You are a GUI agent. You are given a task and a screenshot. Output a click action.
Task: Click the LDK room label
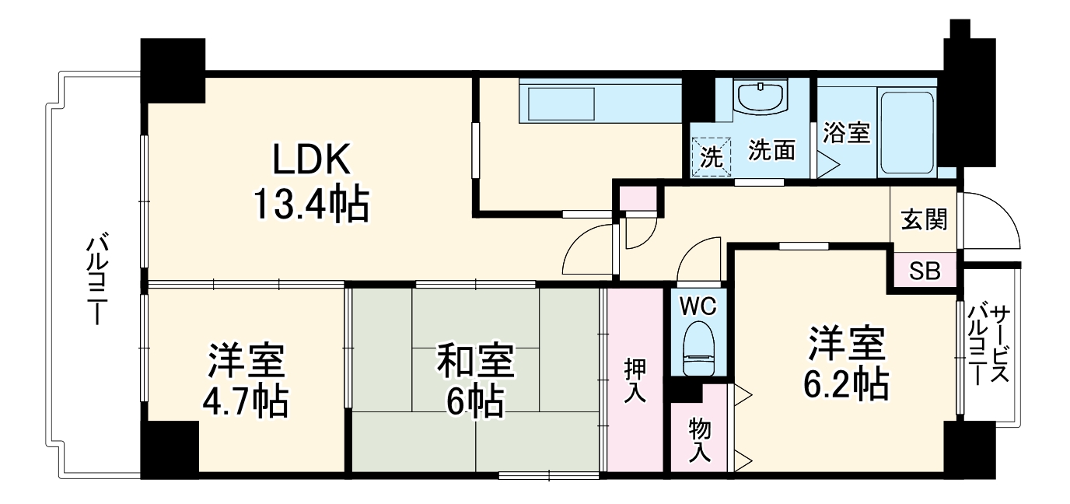click(312, 162)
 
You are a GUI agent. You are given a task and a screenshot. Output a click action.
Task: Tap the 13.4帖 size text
click(309, 205)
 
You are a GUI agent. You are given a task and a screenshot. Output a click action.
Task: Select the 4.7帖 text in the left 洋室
click(246, 402)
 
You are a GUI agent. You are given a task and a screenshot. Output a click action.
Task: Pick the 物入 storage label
click(700, 439)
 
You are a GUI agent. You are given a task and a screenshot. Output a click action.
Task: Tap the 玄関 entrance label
click(925, 221)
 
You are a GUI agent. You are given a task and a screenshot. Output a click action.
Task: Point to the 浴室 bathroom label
click(846, 133)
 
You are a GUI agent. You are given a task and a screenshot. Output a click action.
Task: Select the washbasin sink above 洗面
click(761, 97)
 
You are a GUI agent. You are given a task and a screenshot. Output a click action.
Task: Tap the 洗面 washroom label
click(771, 151)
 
